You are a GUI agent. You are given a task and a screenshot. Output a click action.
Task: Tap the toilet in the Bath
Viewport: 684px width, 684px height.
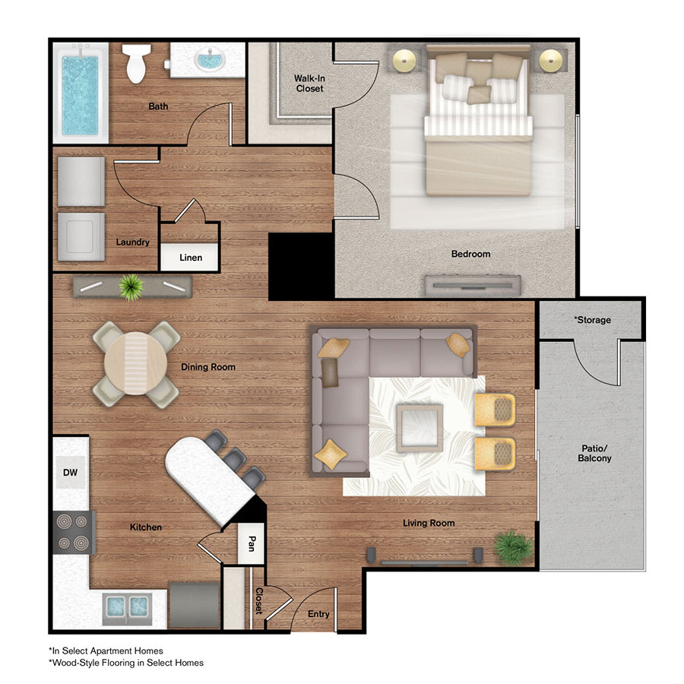pos(137,65)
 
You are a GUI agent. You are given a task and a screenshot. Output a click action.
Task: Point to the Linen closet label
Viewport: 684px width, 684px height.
pos(191,258)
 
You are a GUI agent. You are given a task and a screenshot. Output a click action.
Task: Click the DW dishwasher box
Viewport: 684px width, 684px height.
pos(71,473)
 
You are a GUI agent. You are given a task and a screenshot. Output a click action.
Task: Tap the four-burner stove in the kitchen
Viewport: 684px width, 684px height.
pos(74,531)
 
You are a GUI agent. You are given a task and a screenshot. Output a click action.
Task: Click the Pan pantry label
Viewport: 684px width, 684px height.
pos(251,543)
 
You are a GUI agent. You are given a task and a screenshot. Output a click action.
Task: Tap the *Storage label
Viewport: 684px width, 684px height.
pos(592,320)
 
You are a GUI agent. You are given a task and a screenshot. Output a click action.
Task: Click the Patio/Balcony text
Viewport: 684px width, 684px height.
pos(593,454)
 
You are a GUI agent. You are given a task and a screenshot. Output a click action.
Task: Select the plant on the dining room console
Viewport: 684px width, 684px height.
pos(131,287)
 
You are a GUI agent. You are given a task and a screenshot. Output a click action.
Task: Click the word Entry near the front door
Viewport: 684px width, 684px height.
pos(318,614)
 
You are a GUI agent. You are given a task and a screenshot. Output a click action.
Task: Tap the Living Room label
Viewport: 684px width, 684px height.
pos(429,523)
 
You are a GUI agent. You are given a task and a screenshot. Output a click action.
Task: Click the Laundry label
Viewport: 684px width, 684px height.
pos(132,242)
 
